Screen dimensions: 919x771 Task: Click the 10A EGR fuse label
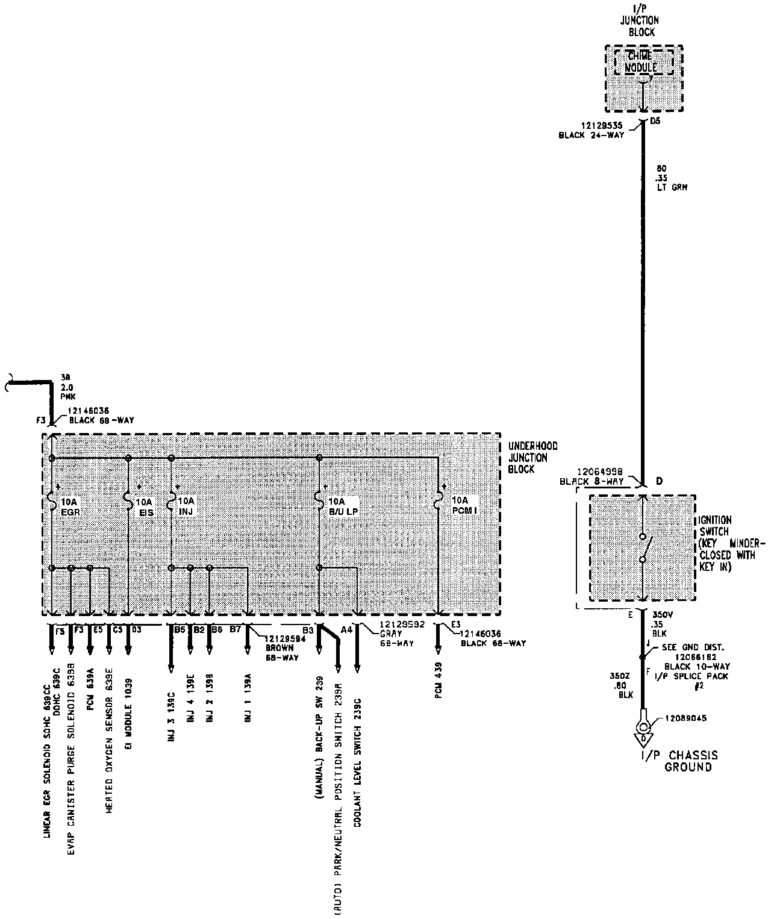[69, 506]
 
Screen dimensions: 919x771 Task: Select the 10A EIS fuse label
[145, 506]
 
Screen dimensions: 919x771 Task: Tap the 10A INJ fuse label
[187, 505]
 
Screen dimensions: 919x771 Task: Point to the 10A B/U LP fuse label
[342, 506]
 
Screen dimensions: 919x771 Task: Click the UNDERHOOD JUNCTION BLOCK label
[532, 458]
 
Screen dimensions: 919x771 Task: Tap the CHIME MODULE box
[642, 62]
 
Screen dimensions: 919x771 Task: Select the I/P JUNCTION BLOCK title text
[641, 20]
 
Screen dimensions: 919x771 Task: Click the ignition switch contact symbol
[643, 548]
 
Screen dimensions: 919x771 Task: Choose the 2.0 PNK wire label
[66, 389]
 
